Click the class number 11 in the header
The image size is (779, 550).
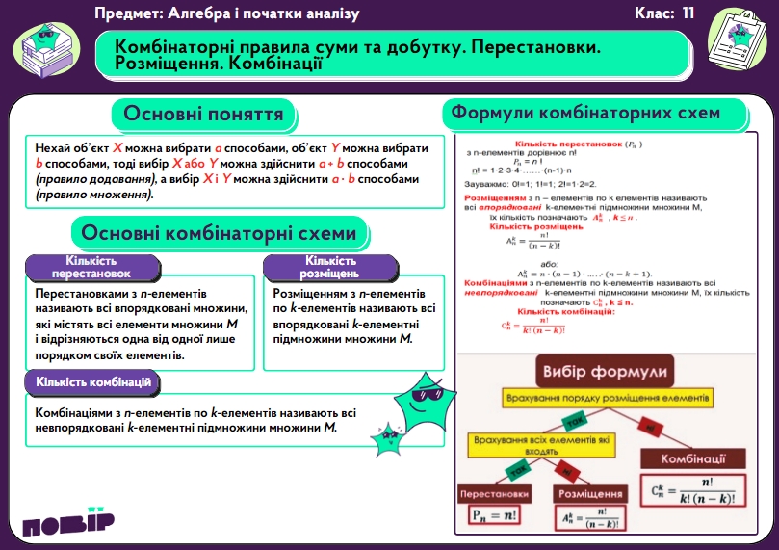tap(687, 13)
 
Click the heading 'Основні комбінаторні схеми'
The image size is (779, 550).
tap(219, 233)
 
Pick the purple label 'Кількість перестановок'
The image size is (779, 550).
tap(91, 267)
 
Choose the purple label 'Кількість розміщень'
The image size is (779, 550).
tap(330, 267)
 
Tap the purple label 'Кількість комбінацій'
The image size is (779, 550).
tap(93, 382)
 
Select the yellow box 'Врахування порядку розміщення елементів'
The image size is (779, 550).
tap(607, 398)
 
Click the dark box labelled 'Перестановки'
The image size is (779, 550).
tap(495, 493)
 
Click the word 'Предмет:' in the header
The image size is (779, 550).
tap(131, 13)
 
